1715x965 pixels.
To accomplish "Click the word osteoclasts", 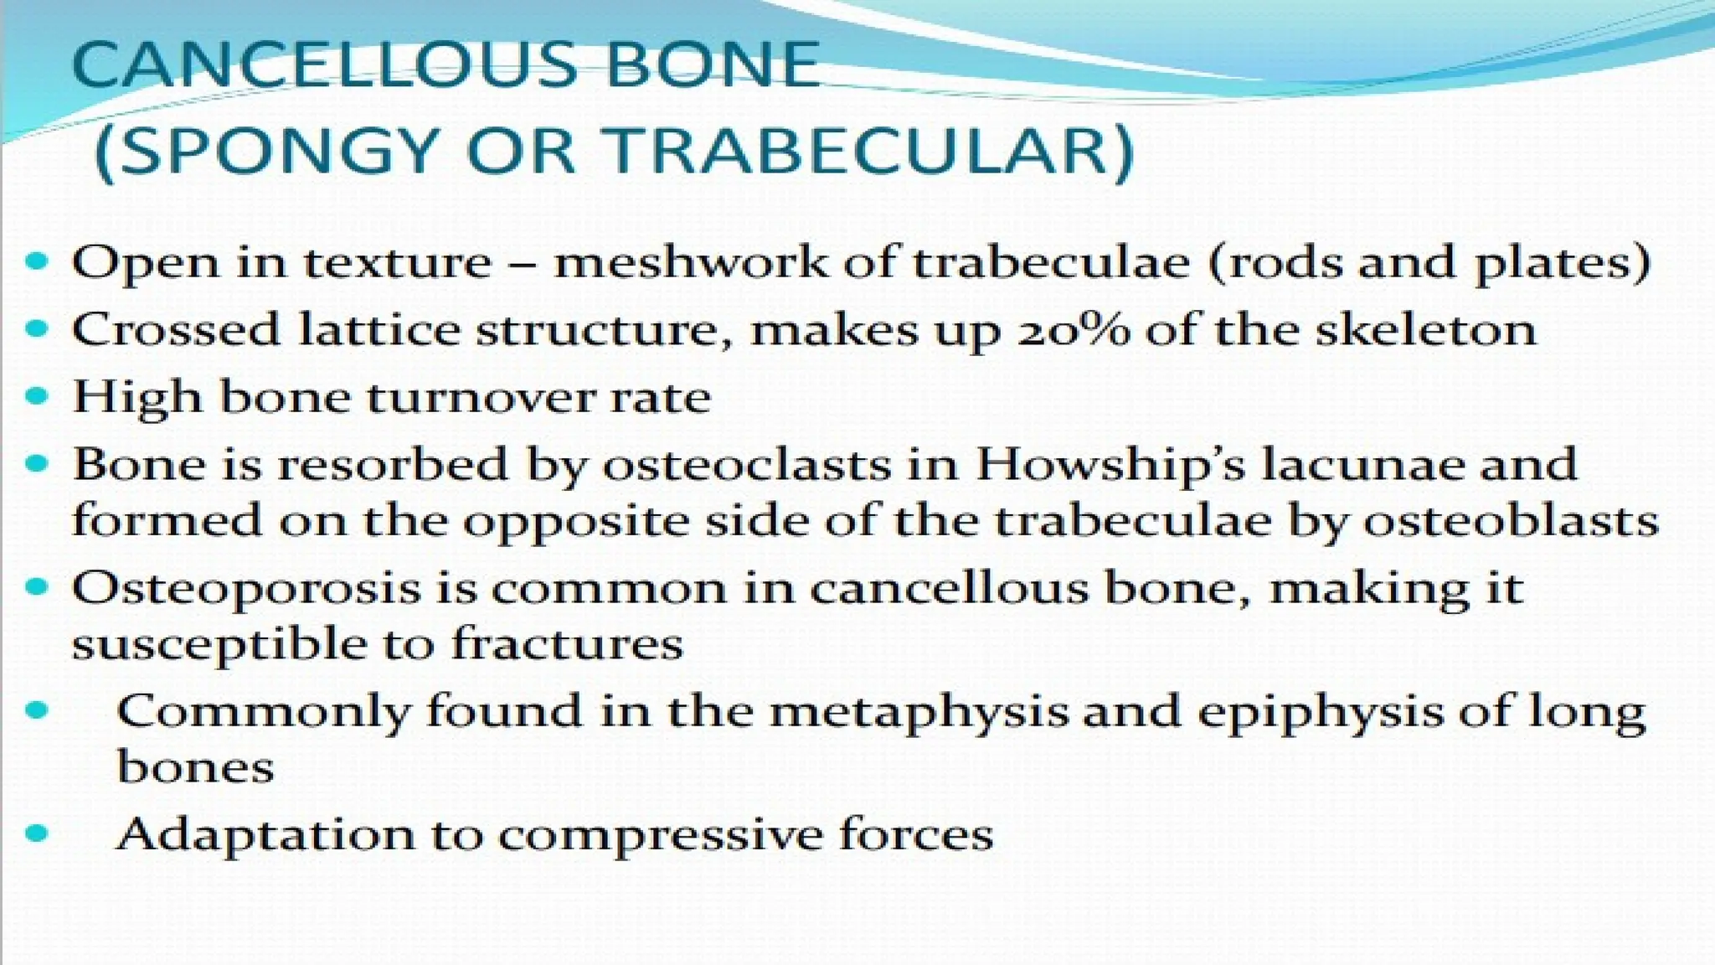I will (x=747, y=464).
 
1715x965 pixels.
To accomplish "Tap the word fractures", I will (x=567, y=645).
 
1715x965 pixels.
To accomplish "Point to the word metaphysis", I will (x=919, y=713).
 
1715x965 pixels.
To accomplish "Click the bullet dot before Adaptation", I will (x=37, y=833).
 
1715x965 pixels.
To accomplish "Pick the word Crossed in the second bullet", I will (x=176, y=329).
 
